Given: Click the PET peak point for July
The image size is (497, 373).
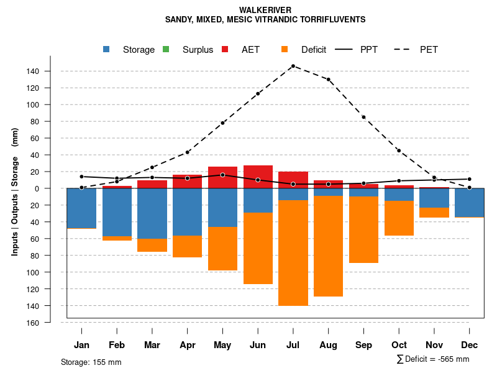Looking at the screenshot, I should click(293, 66).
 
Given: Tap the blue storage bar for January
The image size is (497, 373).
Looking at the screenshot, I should click(81, 208).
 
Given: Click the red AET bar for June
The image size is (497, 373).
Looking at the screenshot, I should click(258, 177).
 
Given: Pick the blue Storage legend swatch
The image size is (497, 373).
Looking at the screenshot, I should click(107, 50).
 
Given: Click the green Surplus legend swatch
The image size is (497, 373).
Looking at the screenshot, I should click(166, 50).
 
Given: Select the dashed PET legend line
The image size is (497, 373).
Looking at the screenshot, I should click(404, 50).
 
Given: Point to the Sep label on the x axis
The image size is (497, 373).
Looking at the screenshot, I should click(363, 345).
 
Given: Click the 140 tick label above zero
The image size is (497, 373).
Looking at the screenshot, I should click(33, 71).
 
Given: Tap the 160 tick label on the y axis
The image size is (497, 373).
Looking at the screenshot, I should click(33, 323).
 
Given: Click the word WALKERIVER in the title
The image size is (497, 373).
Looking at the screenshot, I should click(265, 10).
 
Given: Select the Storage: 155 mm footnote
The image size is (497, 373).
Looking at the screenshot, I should click(91, 362).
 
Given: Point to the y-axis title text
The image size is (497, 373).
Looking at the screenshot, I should click(15, 192).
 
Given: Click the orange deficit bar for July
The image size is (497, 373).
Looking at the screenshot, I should click(293, 252).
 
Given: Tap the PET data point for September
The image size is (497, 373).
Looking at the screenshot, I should click(363, 117).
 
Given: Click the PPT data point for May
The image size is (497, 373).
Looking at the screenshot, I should click(222, 175).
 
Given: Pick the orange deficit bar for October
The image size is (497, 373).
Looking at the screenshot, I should click(399, 218).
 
